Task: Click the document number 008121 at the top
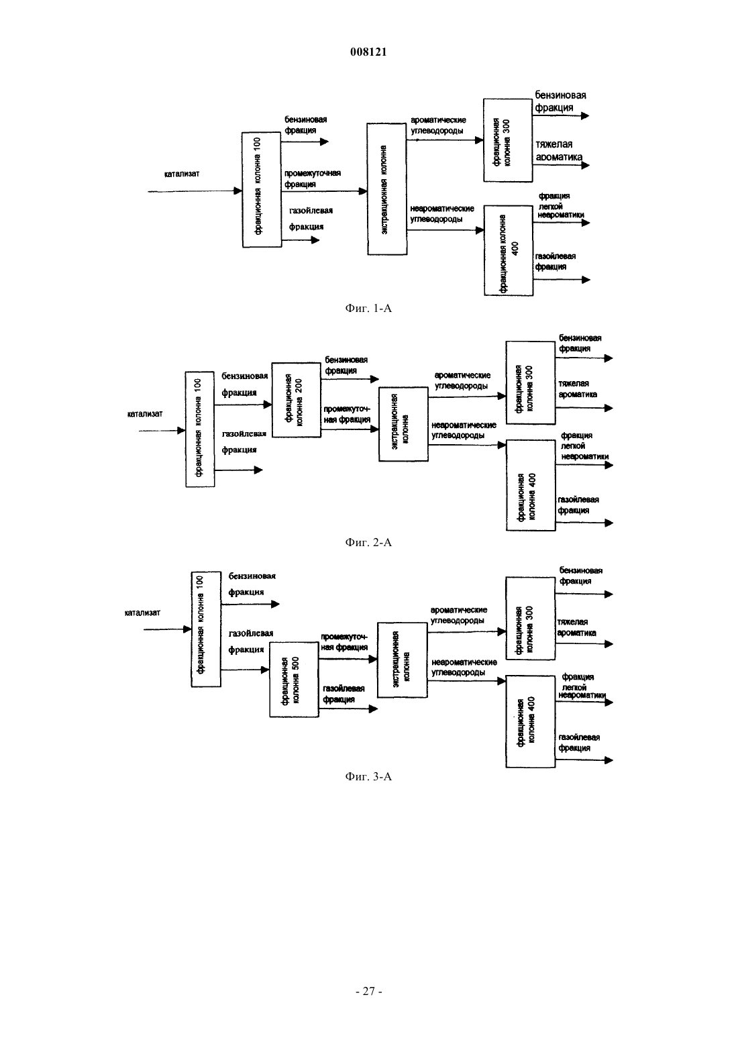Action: click(368, 52)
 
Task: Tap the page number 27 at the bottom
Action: click(368, 991)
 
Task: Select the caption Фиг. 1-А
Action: click(368, 308)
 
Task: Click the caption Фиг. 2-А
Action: click(368, 542)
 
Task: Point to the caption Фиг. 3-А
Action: click(368, 776)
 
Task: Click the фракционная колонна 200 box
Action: click(297, 400)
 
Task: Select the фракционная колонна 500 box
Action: click(294, 680)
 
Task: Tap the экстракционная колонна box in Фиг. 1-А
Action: click(386, 189)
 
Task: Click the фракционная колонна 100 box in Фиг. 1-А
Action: click(262, 190)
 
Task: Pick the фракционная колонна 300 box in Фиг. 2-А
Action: click(531, 382)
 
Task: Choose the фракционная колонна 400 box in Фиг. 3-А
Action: click(530, 721)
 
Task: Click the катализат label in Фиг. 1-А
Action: click(182, 174)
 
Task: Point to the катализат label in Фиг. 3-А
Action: click(142, 613)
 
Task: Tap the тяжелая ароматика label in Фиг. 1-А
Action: click(559, 150)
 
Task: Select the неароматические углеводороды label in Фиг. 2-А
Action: click(464, 430)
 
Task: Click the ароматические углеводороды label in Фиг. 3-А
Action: click(459, 615)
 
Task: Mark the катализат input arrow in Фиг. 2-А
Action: click(162, 431)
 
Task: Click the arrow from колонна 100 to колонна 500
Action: click(245, 670)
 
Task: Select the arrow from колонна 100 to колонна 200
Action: click(243, 405)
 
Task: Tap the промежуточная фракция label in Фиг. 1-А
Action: click(313, 178)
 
